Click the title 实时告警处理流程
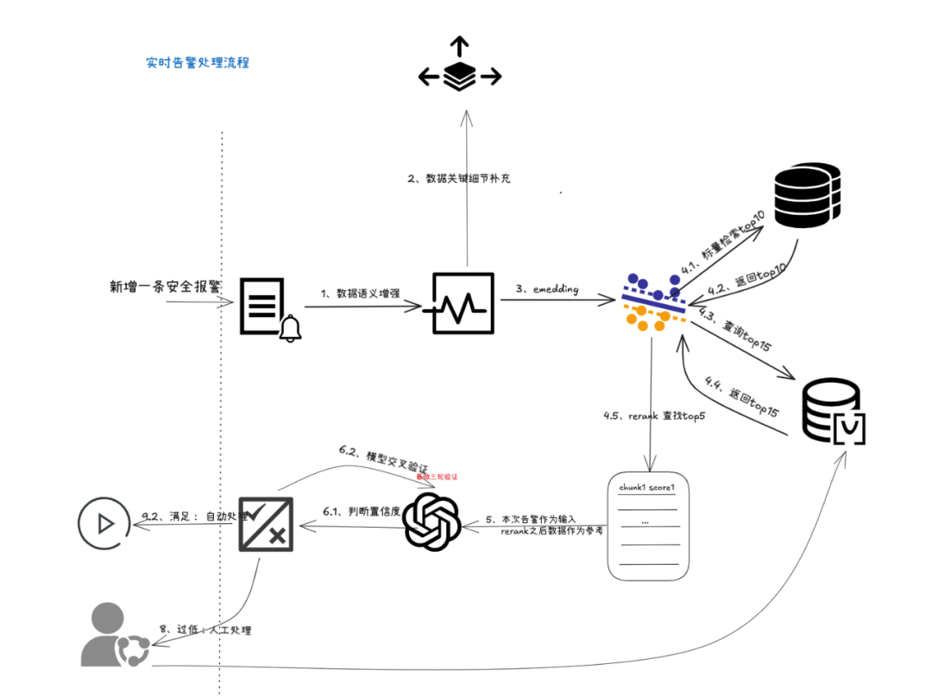[x=198, y=63]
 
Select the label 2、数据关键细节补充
[x=459, y=180]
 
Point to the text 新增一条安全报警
[x=165, y=286]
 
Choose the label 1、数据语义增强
[x=360, y=293]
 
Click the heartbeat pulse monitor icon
[x=463, y=303]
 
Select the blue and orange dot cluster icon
[x=653, y=302]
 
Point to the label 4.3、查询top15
[x=736, y=329]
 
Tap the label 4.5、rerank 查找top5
[x=654, y=416]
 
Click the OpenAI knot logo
[x=432, y=521]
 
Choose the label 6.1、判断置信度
[x=362, y=511]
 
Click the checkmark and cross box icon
[x=266, y=524]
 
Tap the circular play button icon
[x=105, y=522]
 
